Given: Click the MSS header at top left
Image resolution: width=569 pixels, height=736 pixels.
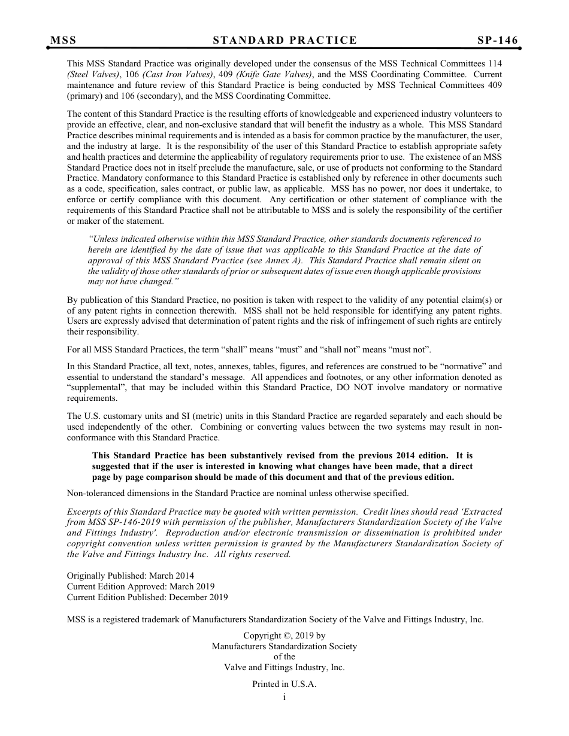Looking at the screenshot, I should (x=63, y=41).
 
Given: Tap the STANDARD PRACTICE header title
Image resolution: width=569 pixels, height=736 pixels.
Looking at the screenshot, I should (x=284, y=41).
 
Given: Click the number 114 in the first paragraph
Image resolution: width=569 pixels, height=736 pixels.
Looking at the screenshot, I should (x=495, y=63).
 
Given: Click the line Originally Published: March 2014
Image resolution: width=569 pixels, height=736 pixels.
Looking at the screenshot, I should (x=130, y=576).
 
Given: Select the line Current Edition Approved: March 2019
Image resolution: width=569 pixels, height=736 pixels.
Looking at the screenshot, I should (x=140, y=586).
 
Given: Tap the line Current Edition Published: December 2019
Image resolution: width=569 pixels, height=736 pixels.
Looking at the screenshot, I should (x=147, y=597).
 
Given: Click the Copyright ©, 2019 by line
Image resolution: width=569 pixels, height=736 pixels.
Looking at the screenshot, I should (x=284, y=635).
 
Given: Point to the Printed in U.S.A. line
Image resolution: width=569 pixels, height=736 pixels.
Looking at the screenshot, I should (x=284, y=685).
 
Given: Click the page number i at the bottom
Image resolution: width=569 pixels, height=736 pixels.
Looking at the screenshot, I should (x=284, y=697).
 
